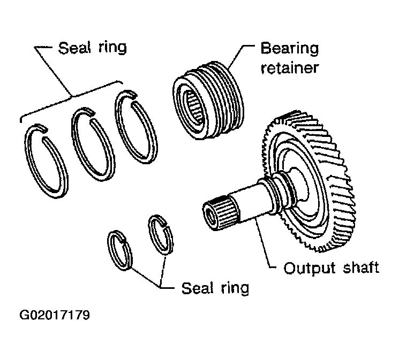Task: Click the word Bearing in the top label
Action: pos(290,49)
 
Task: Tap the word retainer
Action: pos(290,67)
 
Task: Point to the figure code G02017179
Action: pos(55,315)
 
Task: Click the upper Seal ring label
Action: pos(93,48)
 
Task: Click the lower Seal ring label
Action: pos(215,288)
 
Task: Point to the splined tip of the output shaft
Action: pos(221,213)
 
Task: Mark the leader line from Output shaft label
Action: pos(264,244)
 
